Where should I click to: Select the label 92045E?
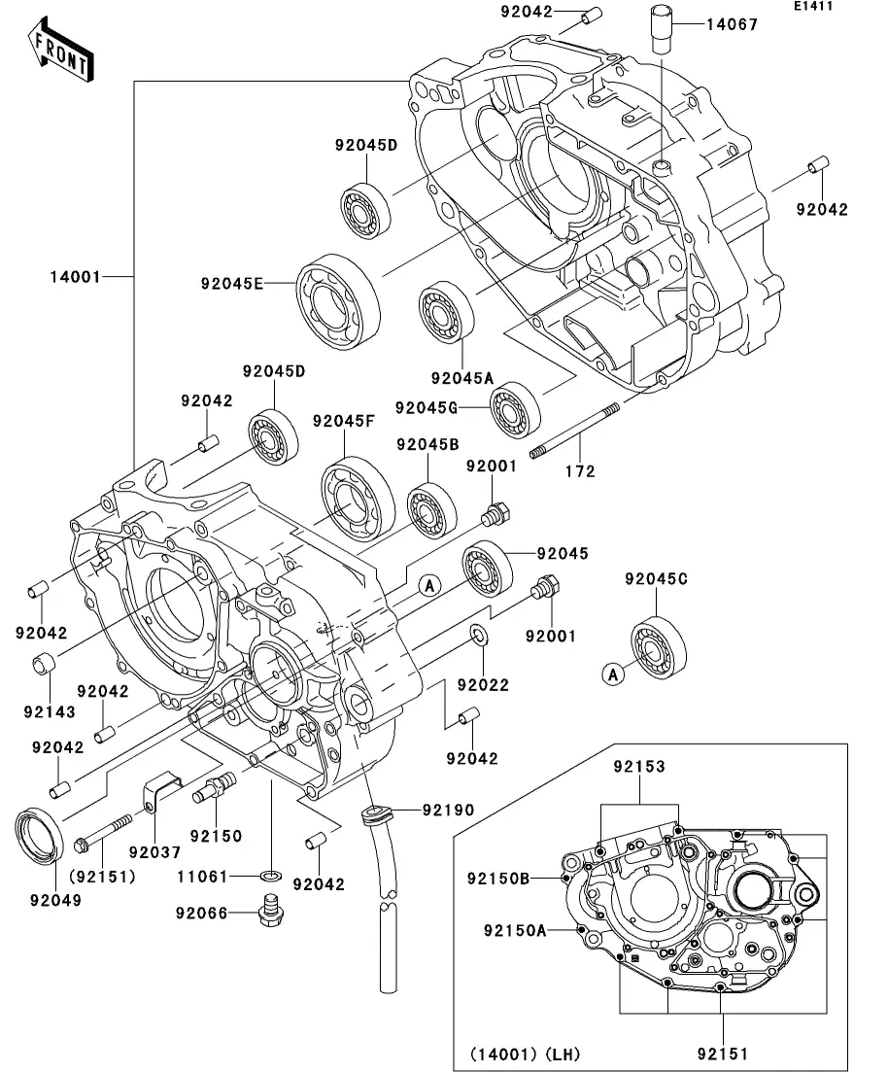(x=232, y=284)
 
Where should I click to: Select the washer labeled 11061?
(x=273, y=878)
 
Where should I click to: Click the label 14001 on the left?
(x=76, y=276)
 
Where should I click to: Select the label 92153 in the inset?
(x=639, y=767)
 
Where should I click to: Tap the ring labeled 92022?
(x=480, y=636)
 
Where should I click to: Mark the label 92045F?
(x=344, y=422)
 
